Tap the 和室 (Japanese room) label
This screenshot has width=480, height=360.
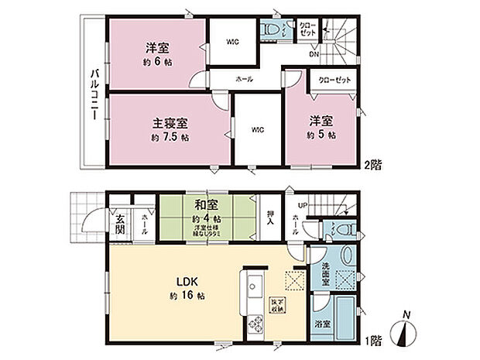204,205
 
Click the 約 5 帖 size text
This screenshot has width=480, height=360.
321,135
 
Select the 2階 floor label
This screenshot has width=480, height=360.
375,165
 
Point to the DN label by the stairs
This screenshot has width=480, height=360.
314,54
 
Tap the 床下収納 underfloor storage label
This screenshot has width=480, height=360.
276,303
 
